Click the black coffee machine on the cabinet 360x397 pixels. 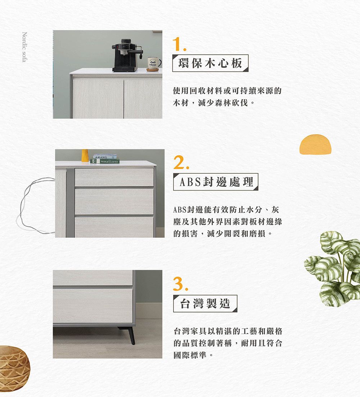click(x=126, y=55)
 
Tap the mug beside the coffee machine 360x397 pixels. click(x=154, y=63)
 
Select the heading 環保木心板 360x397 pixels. click(x=210, y=63)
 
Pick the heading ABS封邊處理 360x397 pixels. click(x=216, y=182)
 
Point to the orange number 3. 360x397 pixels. click(x=181, y=284)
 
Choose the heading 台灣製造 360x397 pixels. click(x=205, y=303)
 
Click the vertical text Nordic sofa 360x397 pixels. click(x=24, y=47)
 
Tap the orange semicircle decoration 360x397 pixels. click(x=315, y=145)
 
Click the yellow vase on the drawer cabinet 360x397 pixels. click(x=85, y=155)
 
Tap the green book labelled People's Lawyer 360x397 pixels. click(x=105, y=161)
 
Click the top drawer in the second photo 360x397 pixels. click(x=114, y=177)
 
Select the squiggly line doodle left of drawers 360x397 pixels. click(x=36, y=205)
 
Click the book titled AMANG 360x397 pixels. click(x=105, y=157)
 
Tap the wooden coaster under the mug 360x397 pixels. click(x=153, y=70)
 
